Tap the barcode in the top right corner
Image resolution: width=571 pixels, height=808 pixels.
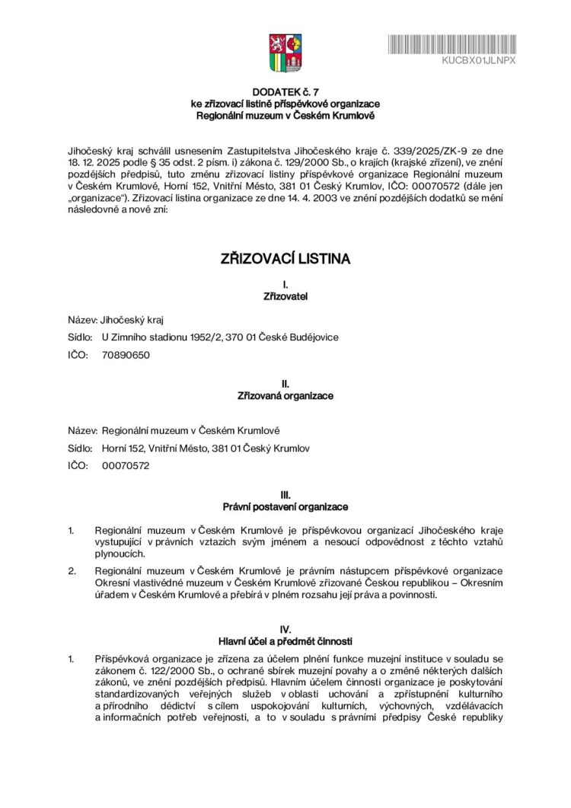[452, 43]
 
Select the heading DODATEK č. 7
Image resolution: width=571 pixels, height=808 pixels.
[285, 91]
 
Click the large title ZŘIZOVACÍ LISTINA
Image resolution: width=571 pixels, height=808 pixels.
[285, 259]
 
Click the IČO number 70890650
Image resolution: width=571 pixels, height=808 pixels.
[125, 355]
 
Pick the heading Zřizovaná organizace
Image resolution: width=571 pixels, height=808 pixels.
[285, 396]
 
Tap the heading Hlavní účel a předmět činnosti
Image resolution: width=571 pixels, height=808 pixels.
[285, 641]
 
